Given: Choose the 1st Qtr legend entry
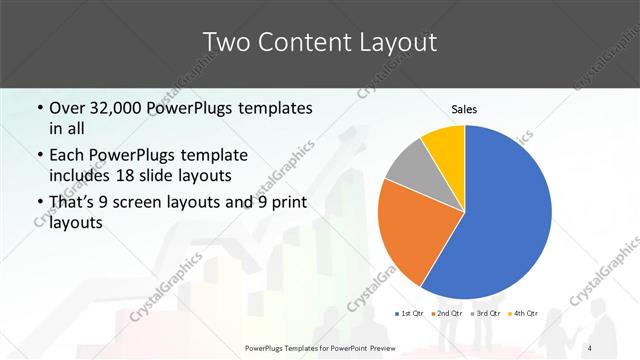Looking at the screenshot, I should point(409,313).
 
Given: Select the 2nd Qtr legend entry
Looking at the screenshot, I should point(447,313).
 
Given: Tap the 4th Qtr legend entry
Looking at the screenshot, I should point(523,313).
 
